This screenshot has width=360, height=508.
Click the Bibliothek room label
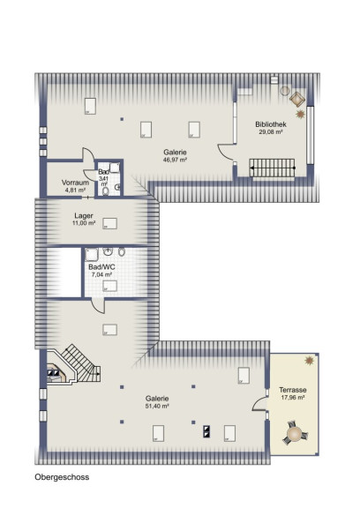click(x=271, y=124)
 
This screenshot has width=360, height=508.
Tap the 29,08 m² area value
click(x=271, y=132)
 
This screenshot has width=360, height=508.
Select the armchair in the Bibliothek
click(x=297, y=99)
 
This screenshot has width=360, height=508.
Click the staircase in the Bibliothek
click(x=272, y=168)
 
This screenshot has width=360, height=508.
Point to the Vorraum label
click(x=75, y=183)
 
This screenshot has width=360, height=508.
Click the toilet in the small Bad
click(x=106, y=191)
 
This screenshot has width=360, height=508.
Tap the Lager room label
click(x=84, y=216)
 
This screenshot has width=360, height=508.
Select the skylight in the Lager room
click(x=109, y=223)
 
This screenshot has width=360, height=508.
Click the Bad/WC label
click(x=101, y=267)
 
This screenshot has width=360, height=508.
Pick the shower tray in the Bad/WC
click(x=92, y=255)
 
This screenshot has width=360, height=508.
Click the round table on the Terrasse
click(x=295, y=433)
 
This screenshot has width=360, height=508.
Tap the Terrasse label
click(x=293, y=390)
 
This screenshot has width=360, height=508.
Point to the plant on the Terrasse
click(x=310, y=360)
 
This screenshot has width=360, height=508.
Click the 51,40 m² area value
click(x=157, y=406)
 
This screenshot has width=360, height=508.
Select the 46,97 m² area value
click(x=175, y=160)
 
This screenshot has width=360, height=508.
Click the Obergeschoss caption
click(x=62, y=477)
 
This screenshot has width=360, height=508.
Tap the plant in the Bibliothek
click(x=300, y=114)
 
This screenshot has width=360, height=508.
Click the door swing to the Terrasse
click(x=259, y=404)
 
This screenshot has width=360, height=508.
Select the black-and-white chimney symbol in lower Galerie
click(x=206, y=431)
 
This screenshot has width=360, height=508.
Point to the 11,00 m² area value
click(x=84, y=223)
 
